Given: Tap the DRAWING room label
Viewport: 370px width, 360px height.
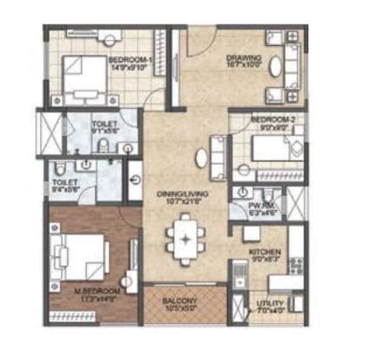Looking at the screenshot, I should coord(244,57).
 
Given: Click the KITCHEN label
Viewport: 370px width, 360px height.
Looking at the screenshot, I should coord(262,252).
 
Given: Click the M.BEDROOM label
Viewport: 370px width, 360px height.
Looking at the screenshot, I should coord(97,291).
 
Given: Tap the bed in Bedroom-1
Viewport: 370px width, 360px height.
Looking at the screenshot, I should coord(85,76).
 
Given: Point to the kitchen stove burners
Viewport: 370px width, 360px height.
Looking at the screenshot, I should coord(295,264).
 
